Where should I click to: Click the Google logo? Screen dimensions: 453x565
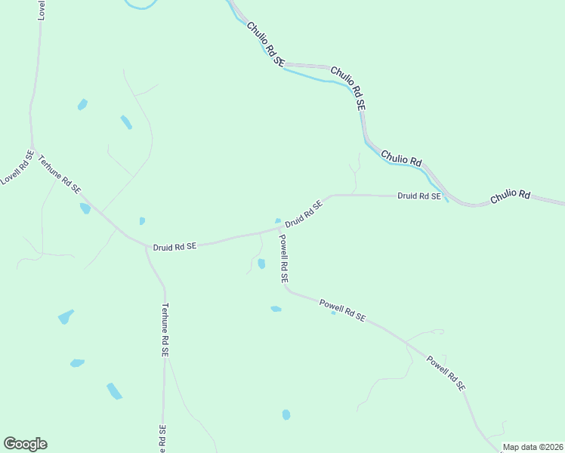click(25, 444)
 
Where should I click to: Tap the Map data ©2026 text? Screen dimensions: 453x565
click(533, 447)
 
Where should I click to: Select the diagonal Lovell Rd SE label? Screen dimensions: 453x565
click(17, 168)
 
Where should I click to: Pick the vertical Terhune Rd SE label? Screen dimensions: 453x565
click(165, 330)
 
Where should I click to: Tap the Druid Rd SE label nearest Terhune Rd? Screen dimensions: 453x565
click(174, 246)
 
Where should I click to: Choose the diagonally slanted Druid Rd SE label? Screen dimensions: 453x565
click(304, 212)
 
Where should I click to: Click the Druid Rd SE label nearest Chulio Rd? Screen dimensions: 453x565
click(419, 196)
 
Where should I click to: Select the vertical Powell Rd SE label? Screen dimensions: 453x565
click(283, 258)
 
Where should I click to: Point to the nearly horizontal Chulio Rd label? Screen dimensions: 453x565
click(511, 196)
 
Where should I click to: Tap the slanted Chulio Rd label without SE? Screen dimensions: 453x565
click(401, 158)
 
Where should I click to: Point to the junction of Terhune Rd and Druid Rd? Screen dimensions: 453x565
click(147, 245)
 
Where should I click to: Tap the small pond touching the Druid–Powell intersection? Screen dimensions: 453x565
click(279, 220)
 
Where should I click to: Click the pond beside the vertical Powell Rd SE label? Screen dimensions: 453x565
click(261, 263)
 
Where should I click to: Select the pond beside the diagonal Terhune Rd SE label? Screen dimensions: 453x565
click(85, 208)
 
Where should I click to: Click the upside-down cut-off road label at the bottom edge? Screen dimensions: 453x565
click(162, 439)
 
